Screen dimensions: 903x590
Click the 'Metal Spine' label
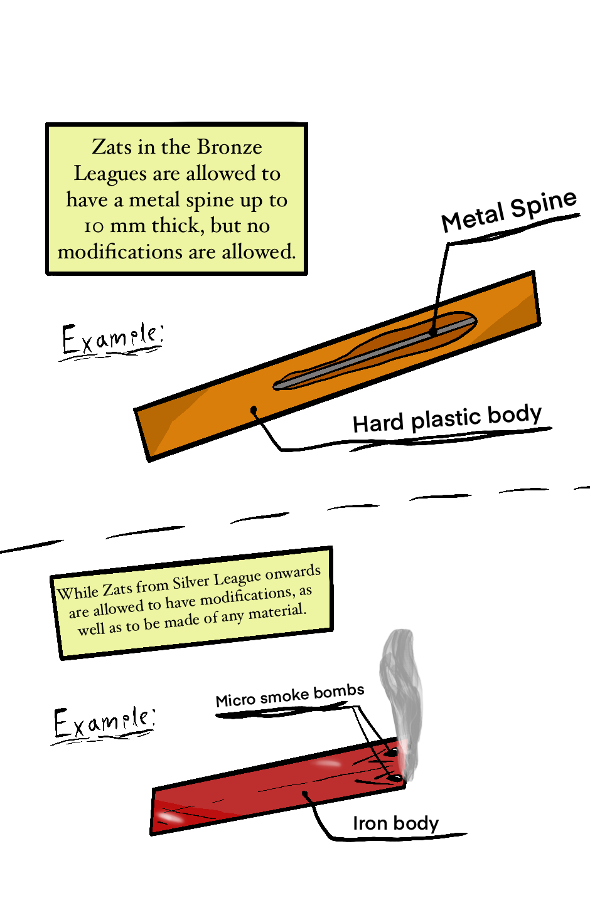[508, 211]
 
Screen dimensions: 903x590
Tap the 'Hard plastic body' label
[447, 419]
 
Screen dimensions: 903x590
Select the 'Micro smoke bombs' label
[289, 696]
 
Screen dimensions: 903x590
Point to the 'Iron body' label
[395, 823]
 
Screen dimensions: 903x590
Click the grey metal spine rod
[377, 354]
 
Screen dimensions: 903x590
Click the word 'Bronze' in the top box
[230, 147]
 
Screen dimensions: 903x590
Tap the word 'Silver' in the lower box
[191, 583]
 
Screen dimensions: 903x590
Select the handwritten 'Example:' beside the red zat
[104, 722]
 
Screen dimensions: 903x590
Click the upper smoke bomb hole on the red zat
[392, 751]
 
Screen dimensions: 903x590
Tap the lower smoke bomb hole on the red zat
[395, 779]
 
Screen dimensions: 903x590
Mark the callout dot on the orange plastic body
[254, 411]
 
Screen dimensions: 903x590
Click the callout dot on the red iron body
[305, 795]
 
